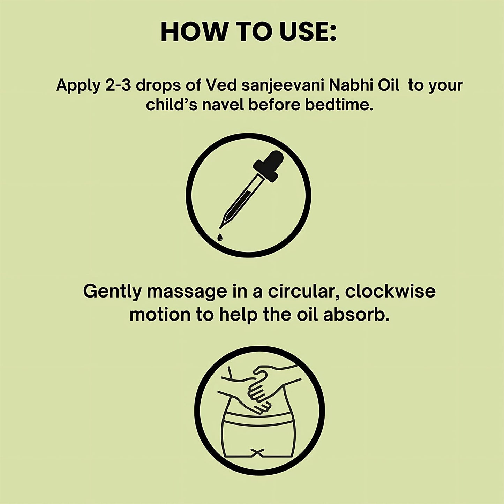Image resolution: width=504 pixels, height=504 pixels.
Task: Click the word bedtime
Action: pyautogui.click(x=337, y=105)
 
